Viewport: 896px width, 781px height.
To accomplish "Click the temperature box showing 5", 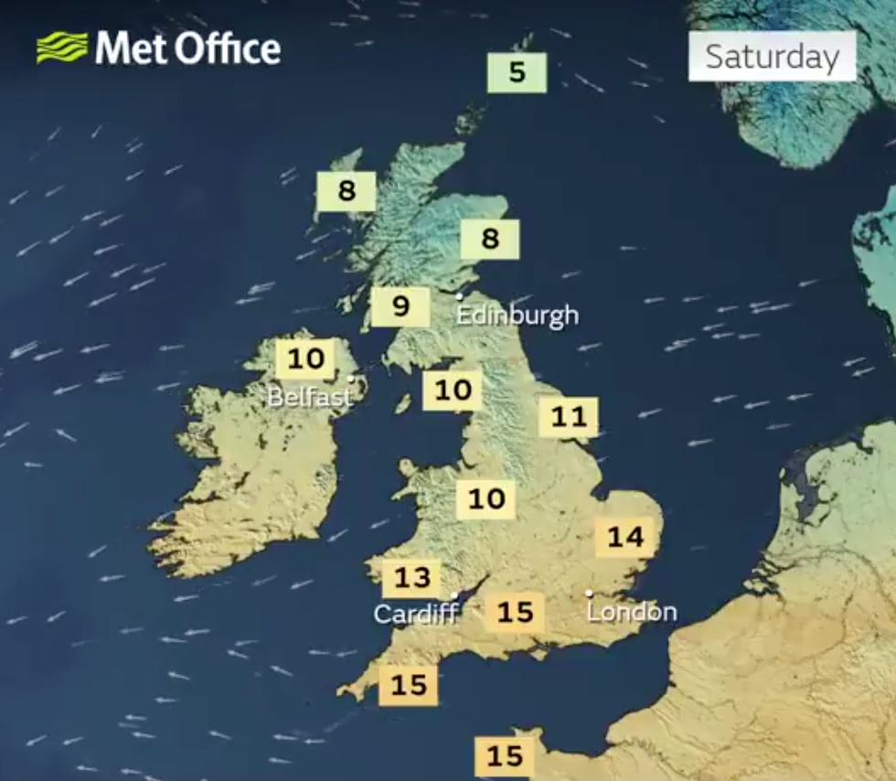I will click(x=517, y=72).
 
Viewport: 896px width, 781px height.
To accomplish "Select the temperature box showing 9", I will click(x=400, y=306).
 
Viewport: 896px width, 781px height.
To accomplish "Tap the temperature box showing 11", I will click(x=568, y=418).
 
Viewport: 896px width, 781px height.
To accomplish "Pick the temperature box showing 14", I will click(x=625, y=537).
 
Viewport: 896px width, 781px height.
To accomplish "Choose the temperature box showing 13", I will click(x=411, y=578).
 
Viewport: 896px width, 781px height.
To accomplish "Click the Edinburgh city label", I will click(x=517, y=316).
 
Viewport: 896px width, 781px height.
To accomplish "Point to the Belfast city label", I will click(x=309, y=398).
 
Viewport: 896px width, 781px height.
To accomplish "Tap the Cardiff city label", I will click(x=415, y=614).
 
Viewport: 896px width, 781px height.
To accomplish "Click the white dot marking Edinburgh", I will click(x=460, y=296).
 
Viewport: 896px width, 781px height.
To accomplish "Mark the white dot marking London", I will click(x=589, y=594).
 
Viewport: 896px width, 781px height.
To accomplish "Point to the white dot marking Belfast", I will click(x=351, y=378).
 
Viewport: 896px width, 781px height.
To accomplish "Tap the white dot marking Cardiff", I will click(x=453, y=595).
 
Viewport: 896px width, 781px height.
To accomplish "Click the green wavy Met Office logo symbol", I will click(x=62, y=48).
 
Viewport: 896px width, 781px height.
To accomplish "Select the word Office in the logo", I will click(x=228, y=48).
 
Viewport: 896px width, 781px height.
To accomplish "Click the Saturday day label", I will click(x=772, y=57).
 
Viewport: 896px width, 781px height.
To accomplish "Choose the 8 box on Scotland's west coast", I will click(x=346, y=191).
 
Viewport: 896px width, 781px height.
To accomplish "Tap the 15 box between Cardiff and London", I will click(x=514, y=612).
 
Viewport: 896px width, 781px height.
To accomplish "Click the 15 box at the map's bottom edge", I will click(x=504, y=756).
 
